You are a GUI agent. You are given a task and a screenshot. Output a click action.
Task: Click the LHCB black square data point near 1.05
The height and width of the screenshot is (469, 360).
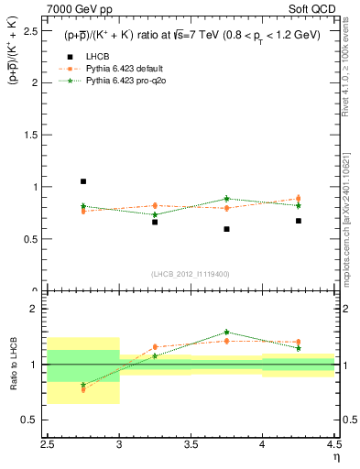pyautogui.click(x=83, y=181)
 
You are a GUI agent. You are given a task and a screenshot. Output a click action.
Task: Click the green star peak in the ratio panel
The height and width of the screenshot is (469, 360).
pyautogui.click(x=226, y=333)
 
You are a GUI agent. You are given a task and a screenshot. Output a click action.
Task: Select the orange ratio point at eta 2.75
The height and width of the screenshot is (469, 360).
pyautogui.click(x=83, y=389)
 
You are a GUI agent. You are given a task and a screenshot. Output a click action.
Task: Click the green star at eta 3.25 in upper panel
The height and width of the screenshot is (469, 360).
pyautogui.click(x=155, y=214)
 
